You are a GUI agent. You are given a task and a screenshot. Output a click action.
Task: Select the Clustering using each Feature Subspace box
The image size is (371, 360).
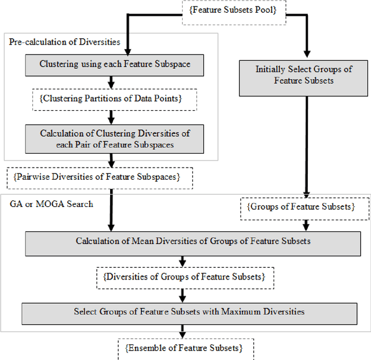[114, 64]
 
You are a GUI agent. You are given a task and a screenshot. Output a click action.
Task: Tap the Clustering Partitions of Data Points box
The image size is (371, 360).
[114, 99]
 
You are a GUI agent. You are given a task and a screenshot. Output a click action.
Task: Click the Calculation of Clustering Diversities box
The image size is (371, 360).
[114, 139]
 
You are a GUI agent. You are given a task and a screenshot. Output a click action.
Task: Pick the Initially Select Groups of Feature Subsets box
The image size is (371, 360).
[304, 75]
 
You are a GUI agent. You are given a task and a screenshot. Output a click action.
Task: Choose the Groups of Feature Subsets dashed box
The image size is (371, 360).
[304, 208]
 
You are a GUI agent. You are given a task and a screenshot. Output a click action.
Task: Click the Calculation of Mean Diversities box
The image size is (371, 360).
[184, 242]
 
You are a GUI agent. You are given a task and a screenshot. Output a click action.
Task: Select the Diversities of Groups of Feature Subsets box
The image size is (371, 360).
[184, 277]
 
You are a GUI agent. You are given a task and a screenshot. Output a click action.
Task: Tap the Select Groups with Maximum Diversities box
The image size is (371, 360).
[188, 312]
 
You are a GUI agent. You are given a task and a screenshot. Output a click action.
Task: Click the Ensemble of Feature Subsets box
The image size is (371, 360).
[183, 348]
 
